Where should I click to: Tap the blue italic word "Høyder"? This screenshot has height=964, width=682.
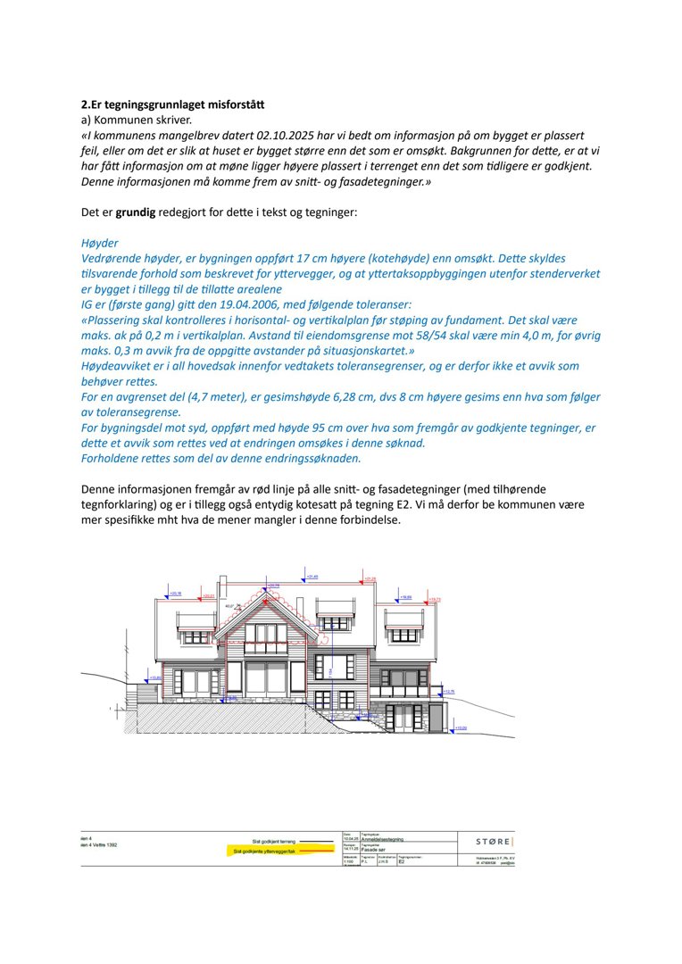click(99, 243)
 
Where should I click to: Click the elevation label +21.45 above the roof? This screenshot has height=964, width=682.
click(313, 578)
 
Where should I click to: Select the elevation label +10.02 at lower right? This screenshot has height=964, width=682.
click(461, 728)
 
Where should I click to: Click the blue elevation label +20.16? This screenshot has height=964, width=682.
click(176, 593)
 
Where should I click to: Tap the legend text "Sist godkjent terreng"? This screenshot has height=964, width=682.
click(274, 841)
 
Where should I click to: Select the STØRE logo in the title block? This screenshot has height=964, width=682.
click(494, 841)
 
